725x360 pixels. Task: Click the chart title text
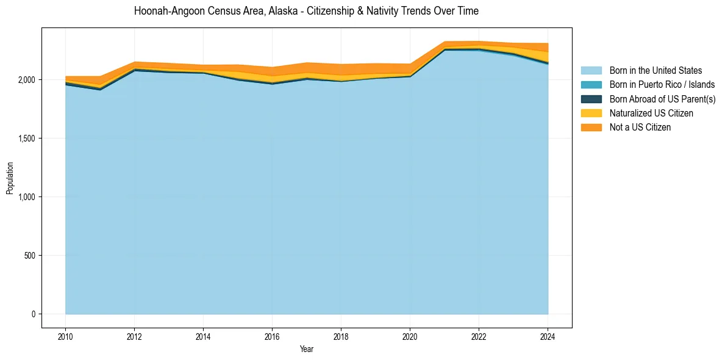[x=306, y=11]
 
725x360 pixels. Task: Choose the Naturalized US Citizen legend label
[x=651, y=113]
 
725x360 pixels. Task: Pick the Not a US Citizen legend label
[x=640, y=128]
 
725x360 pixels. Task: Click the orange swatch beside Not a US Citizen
[x=591, y=128]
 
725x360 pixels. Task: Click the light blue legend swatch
[x=591, y=71]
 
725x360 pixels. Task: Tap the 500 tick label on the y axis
[x=30, y=256]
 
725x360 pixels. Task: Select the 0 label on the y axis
[x=34, y=314]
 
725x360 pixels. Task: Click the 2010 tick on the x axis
[x=65, y=336]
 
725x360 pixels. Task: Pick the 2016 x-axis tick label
[x=272, y=336]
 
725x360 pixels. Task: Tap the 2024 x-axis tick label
[x=548, y=336]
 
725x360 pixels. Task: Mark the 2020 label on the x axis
[x=410, y=336]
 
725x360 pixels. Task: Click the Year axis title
[x=306, y=349]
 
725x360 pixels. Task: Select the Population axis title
[x=10, y=178]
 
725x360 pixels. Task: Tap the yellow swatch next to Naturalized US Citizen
[x=591, y=113]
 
